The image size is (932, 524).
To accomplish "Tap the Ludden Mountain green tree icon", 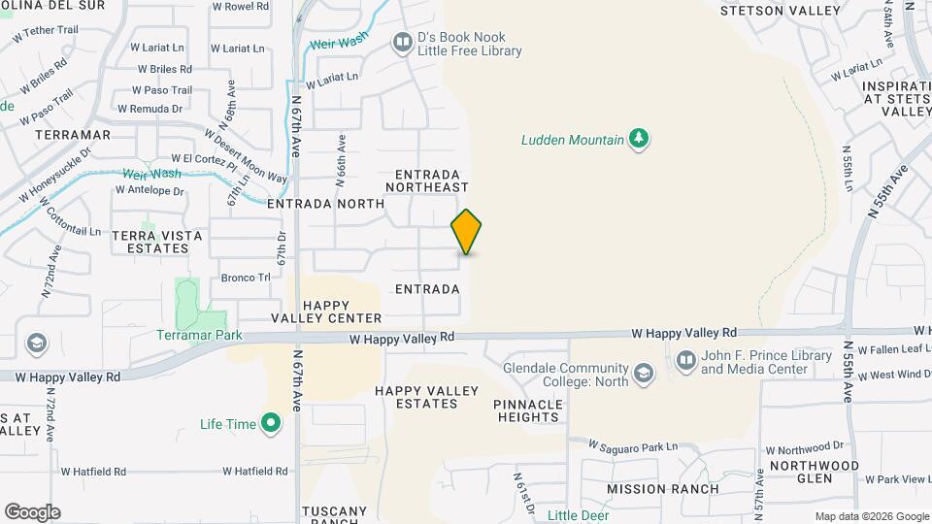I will pos(639,140).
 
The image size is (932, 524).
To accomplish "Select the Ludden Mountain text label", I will pos(573,140).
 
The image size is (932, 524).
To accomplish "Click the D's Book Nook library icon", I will pos(402,43).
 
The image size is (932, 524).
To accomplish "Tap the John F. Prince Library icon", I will pos(685,362).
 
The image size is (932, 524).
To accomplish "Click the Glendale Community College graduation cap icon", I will pos(643,374).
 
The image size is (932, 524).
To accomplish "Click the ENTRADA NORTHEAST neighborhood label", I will pos(427,180).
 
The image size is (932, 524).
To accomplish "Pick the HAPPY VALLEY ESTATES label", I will pos(427,397).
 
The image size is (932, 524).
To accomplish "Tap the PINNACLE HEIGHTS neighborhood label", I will pos(527,410).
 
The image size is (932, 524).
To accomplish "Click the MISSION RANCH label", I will pos(663,489).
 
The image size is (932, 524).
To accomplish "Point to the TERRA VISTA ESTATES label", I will pos(157,242).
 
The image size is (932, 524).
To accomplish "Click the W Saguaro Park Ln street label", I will pos(635,446).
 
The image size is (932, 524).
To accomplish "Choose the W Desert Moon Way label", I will pos(248,156).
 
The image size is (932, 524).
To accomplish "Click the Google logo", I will pos(32,512).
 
